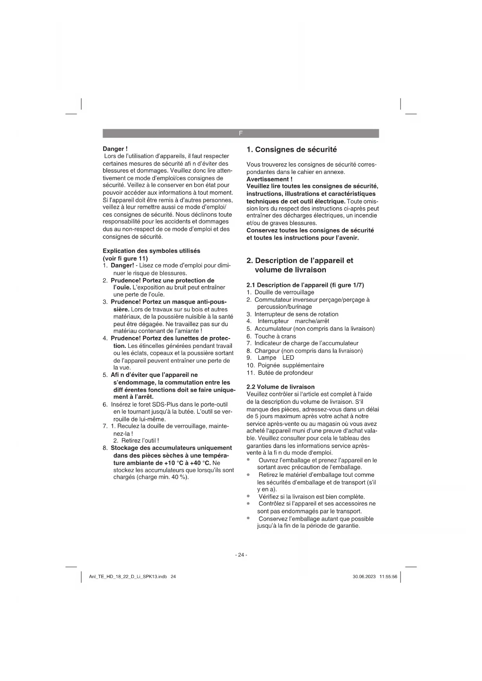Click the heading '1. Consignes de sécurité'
pyautogui.click(x=292, y=149)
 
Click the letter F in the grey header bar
pyautogui.click(x=241, y=133)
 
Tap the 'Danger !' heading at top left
pyautogui.click(x=115, y=149)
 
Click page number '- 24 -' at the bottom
pyautogui.click(x=241, y=555)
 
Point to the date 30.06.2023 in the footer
pyautogui.click(x=364, y=577)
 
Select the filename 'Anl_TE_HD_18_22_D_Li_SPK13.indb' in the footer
pyautogui.click(x=128, y=577)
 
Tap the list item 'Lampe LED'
pyautogui.click(x=276, y=358)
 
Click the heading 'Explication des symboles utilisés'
pyautogui.click(x=151, y=251)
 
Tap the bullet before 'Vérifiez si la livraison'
pyautogui.click(x=248, y=496)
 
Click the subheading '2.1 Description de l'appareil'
pyautogui.click(x=305, y=285)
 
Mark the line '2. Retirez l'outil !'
pyautogui.click(x=136, y=440)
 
